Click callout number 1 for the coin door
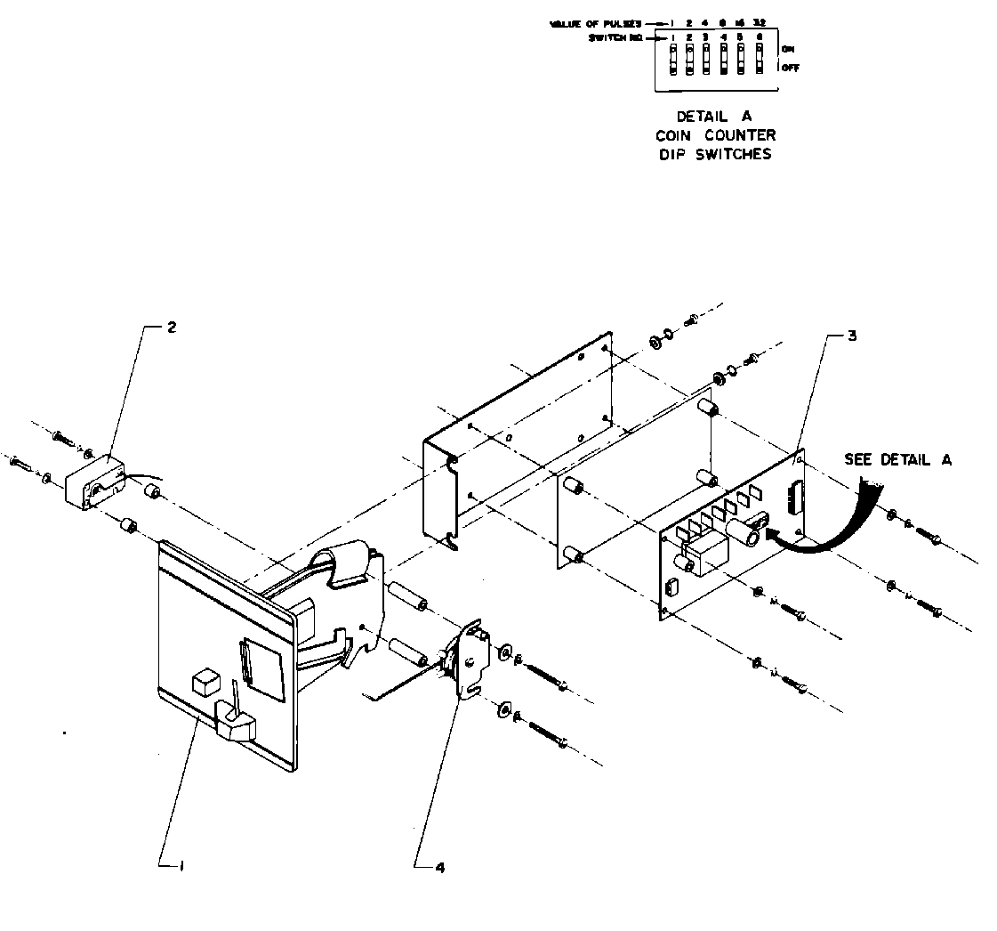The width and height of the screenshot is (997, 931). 181,864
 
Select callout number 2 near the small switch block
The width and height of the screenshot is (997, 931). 172,327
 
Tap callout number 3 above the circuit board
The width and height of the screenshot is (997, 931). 852,336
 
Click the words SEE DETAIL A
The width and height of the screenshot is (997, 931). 897,459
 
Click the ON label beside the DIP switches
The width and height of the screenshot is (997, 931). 788,49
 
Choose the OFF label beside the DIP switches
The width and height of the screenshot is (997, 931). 790,68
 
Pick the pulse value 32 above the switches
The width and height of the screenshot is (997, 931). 758,21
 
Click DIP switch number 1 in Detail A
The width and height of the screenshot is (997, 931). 673,60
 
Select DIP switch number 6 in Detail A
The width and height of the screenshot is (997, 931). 759,60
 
